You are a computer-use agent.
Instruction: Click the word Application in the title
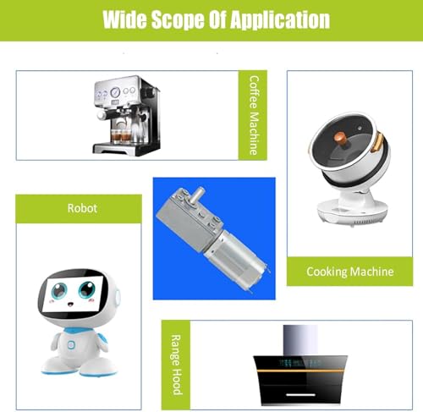pyautogui.click(x=280, y=20)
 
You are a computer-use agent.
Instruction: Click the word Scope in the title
pyautogui.click(x=178, y=20)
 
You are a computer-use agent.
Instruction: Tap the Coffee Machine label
pyautogui.click(x=254, y=115)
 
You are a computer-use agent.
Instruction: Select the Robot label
pyautogui.click(x=82, y=208)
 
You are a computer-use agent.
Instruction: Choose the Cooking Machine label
pyautogui.click(x=349, y=272)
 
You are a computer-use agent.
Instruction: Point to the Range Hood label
pyautogui.click(x=176, y=365)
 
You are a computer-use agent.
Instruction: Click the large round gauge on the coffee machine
pyautogui.click(x=115, y=91)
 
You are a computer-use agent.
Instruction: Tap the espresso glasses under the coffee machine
pyautogui.click(x=121, y=137)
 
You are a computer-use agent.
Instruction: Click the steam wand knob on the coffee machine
pyautogui.click(x=101, y=115)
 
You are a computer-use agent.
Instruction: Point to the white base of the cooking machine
pyautogui.click(x=352, y=211)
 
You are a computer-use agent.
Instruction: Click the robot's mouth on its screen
pyautogui.click(x=70, y=305)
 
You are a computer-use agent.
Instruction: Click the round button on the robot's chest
pyautogui.click(x=71, y=344)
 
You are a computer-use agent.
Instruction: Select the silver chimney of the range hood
pyautogui.click(x=300, y=340)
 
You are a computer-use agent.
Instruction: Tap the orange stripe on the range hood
pyautogui.click(x=300, y=371)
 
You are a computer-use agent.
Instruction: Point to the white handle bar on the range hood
pyautogui.click(x=300, y=394)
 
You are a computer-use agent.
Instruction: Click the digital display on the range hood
pyautogui.click(x=300, y=363)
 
